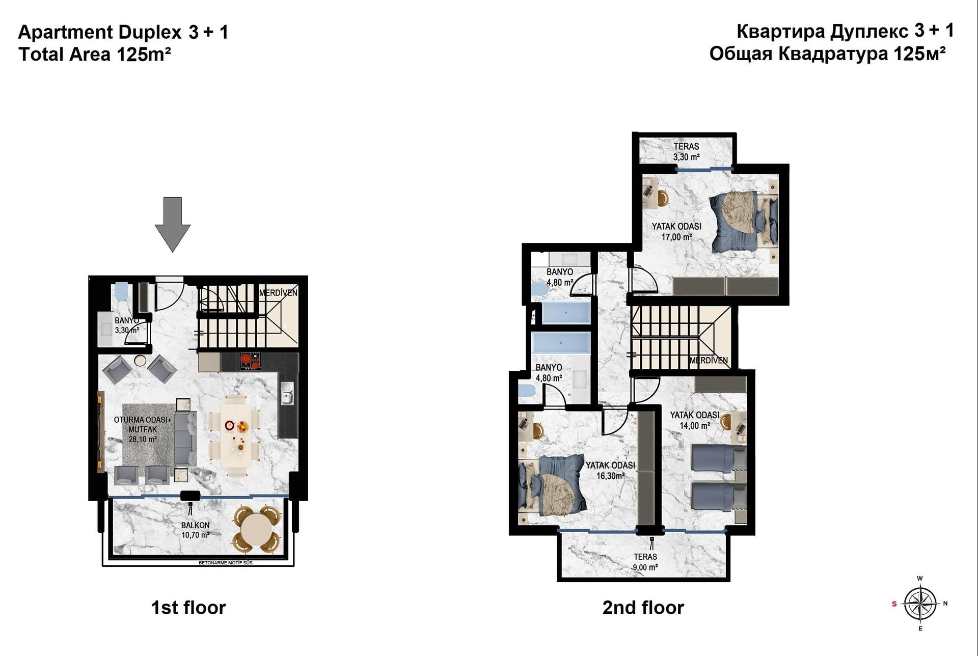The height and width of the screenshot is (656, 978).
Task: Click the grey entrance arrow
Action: coord(172,224)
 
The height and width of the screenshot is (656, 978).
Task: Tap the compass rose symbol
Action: coord(920,604)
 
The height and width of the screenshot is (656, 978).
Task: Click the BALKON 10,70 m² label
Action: coord(196,530)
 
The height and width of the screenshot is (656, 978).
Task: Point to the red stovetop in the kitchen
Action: coord(250,361)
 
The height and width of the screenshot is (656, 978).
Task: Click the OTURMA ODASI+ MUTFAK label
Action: coord(143,429)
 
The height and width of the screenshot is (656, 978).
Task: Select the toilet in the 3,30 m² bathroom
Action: coord(121,292)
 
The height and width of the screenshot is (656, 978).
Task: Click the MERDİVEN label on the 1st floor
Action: coord(278,293)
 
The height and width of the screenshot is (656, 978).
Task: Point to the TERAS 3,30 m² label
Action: coord(686,152)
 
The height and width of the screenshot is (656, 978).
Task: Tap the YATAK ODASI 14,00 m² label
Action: coord(694,420)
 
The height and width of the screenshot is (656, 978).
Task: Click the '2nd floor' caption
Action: coord(643,608)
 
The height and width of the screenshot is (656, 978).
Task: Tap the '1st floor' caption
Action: coord(188,608)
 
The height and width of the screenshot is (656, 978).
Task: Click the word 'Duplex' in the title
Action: coord(150,32)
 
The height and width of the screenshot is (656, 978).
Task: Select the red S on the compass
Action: coord(894,604)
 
